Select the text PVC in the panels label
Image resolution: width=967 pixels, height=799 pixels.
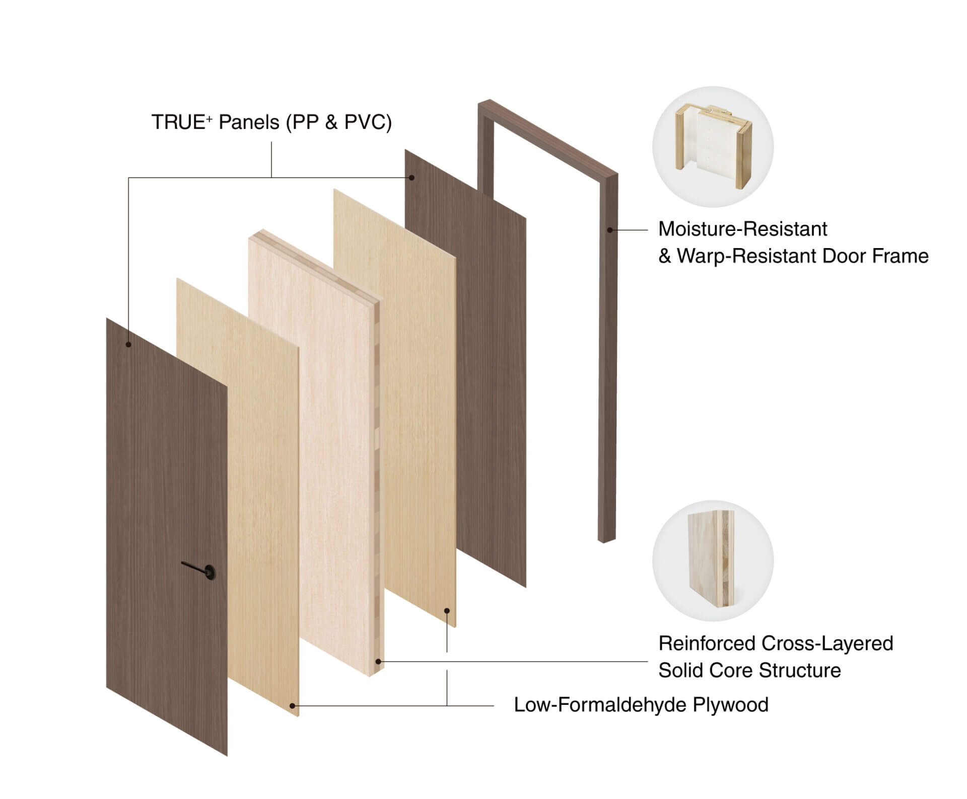coord(364,122)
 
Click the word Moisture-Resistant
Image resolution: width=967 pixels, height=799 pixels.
coord(742,229)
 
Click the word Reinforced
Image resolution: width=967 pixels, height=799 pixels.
coord(705,643)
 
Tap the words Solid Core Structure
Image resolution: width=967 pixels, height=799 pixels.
coord(749,670)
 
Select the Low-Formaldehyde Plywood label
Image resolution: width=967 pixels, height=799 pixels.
coord(641,705)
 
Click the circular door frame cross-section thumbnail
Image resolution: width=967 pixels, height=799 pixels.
coord(713,147)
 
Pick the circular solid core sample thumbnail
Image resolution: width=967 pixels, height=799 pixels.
coord(713,561)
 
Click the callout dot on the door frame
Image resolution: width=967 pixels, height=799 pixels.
coord(610,230)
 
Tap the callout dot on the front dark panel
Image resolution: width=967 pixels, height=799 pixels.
coord(128,345)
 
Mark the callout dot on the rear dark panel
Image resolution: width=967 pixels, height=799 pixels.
coord(412,178)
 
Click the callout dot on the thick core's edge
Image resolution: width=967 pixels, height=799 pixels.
coord(379,662)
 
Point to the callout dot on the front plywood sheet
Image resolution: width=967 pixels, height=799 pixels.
coord(293,706)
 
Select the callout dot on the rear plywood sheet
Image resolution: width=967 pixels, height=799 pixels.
coord(447,611)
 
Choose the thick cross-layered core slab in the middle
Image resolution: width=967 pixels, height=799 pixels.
coord(316,453)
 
